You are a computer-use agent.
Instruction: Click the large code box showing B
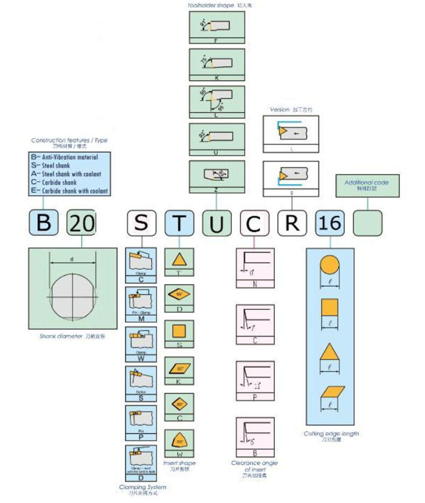pos(44,223)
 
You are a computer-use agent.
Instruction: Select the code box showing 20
pos(81,223)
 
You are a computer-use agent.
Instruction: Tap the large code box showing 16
pos(329,223)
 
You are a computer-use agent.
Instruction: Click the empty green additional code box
pos(367,223)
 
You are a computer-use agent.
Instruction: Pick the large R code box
pos(292,223)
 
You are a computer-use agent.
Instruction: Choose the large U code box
pos(216,223)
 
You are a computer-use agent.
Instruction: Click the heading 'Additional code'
pos(366,182)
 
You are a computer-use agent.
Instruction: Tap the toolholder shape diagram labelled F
pos(217,25)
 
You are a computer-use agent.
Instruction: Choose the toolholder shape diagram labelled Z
pos(217,174)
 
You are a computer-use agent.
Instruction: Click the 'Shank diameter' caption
pos(72,336)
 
